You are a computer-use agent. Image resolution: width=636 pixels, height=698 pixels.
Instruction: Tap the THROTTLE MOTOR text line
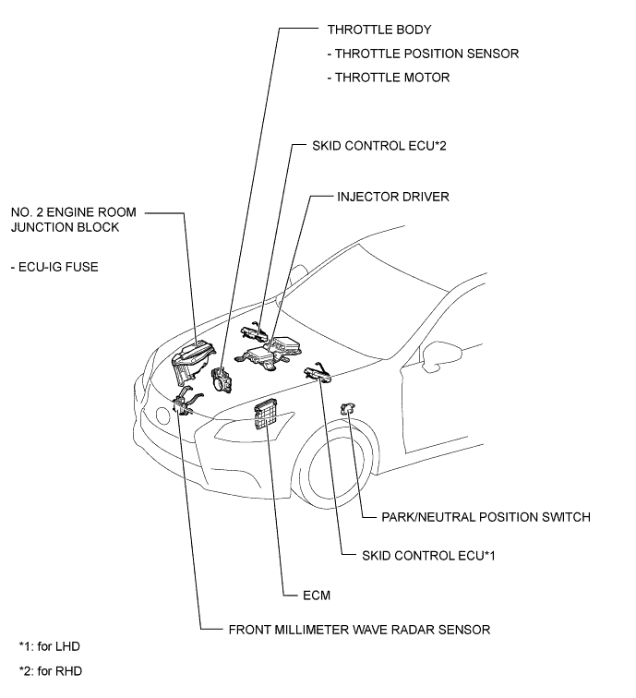392,78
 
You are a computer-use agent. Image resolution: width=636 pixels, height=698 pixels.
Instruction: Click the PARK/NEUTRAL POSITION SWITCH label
485,517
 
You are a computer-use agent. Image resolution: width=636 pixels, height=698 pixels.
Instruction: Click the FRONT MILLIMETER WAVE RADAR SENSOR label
359,630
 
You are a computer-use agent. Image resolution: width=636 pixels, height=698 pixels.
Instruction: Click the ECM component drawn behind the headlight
267,415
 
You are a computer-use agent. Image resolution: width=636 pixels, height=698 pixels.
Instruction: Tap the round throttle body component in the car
222,379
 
